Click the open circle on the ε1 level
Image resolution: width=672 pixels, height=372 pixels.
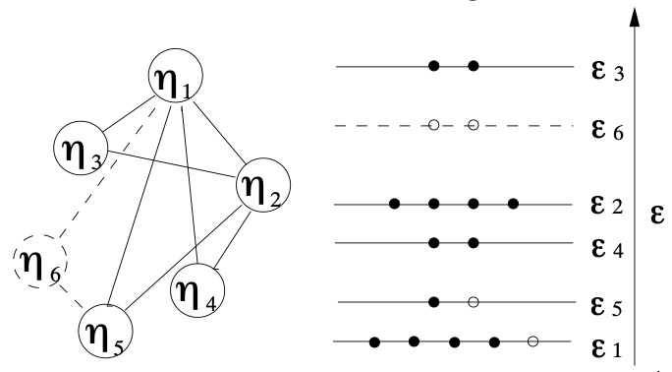(532, 341)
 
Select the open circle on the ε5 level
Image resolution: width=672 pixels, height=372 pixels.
(473, 301)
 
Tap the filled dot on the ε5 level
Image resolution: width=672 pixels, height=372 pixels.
(433, 301)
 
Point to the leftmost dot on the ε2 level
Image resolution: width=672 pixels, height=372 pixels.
(394, 205)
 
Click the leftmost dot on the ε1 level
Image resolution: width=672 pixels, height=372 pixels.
(374, 341)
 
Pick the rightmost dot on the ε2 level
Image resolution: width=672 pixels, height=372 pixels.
(513, 205)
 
